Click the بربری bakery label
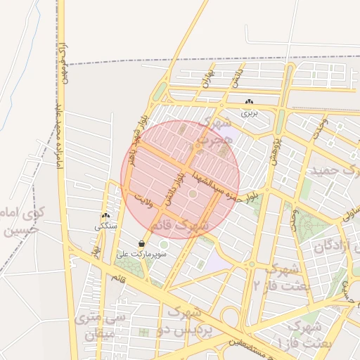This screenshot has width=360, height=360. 250,112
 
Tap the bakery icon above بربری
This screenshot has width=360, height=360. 250,102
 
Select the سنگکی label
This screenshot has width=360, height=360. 105,226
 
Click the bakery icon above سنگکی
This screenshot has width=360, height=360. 105,217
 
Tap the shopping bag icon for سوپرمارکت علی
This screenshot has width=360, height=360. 142,243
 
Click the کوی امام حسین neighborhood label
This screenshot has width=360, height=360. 18,220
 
